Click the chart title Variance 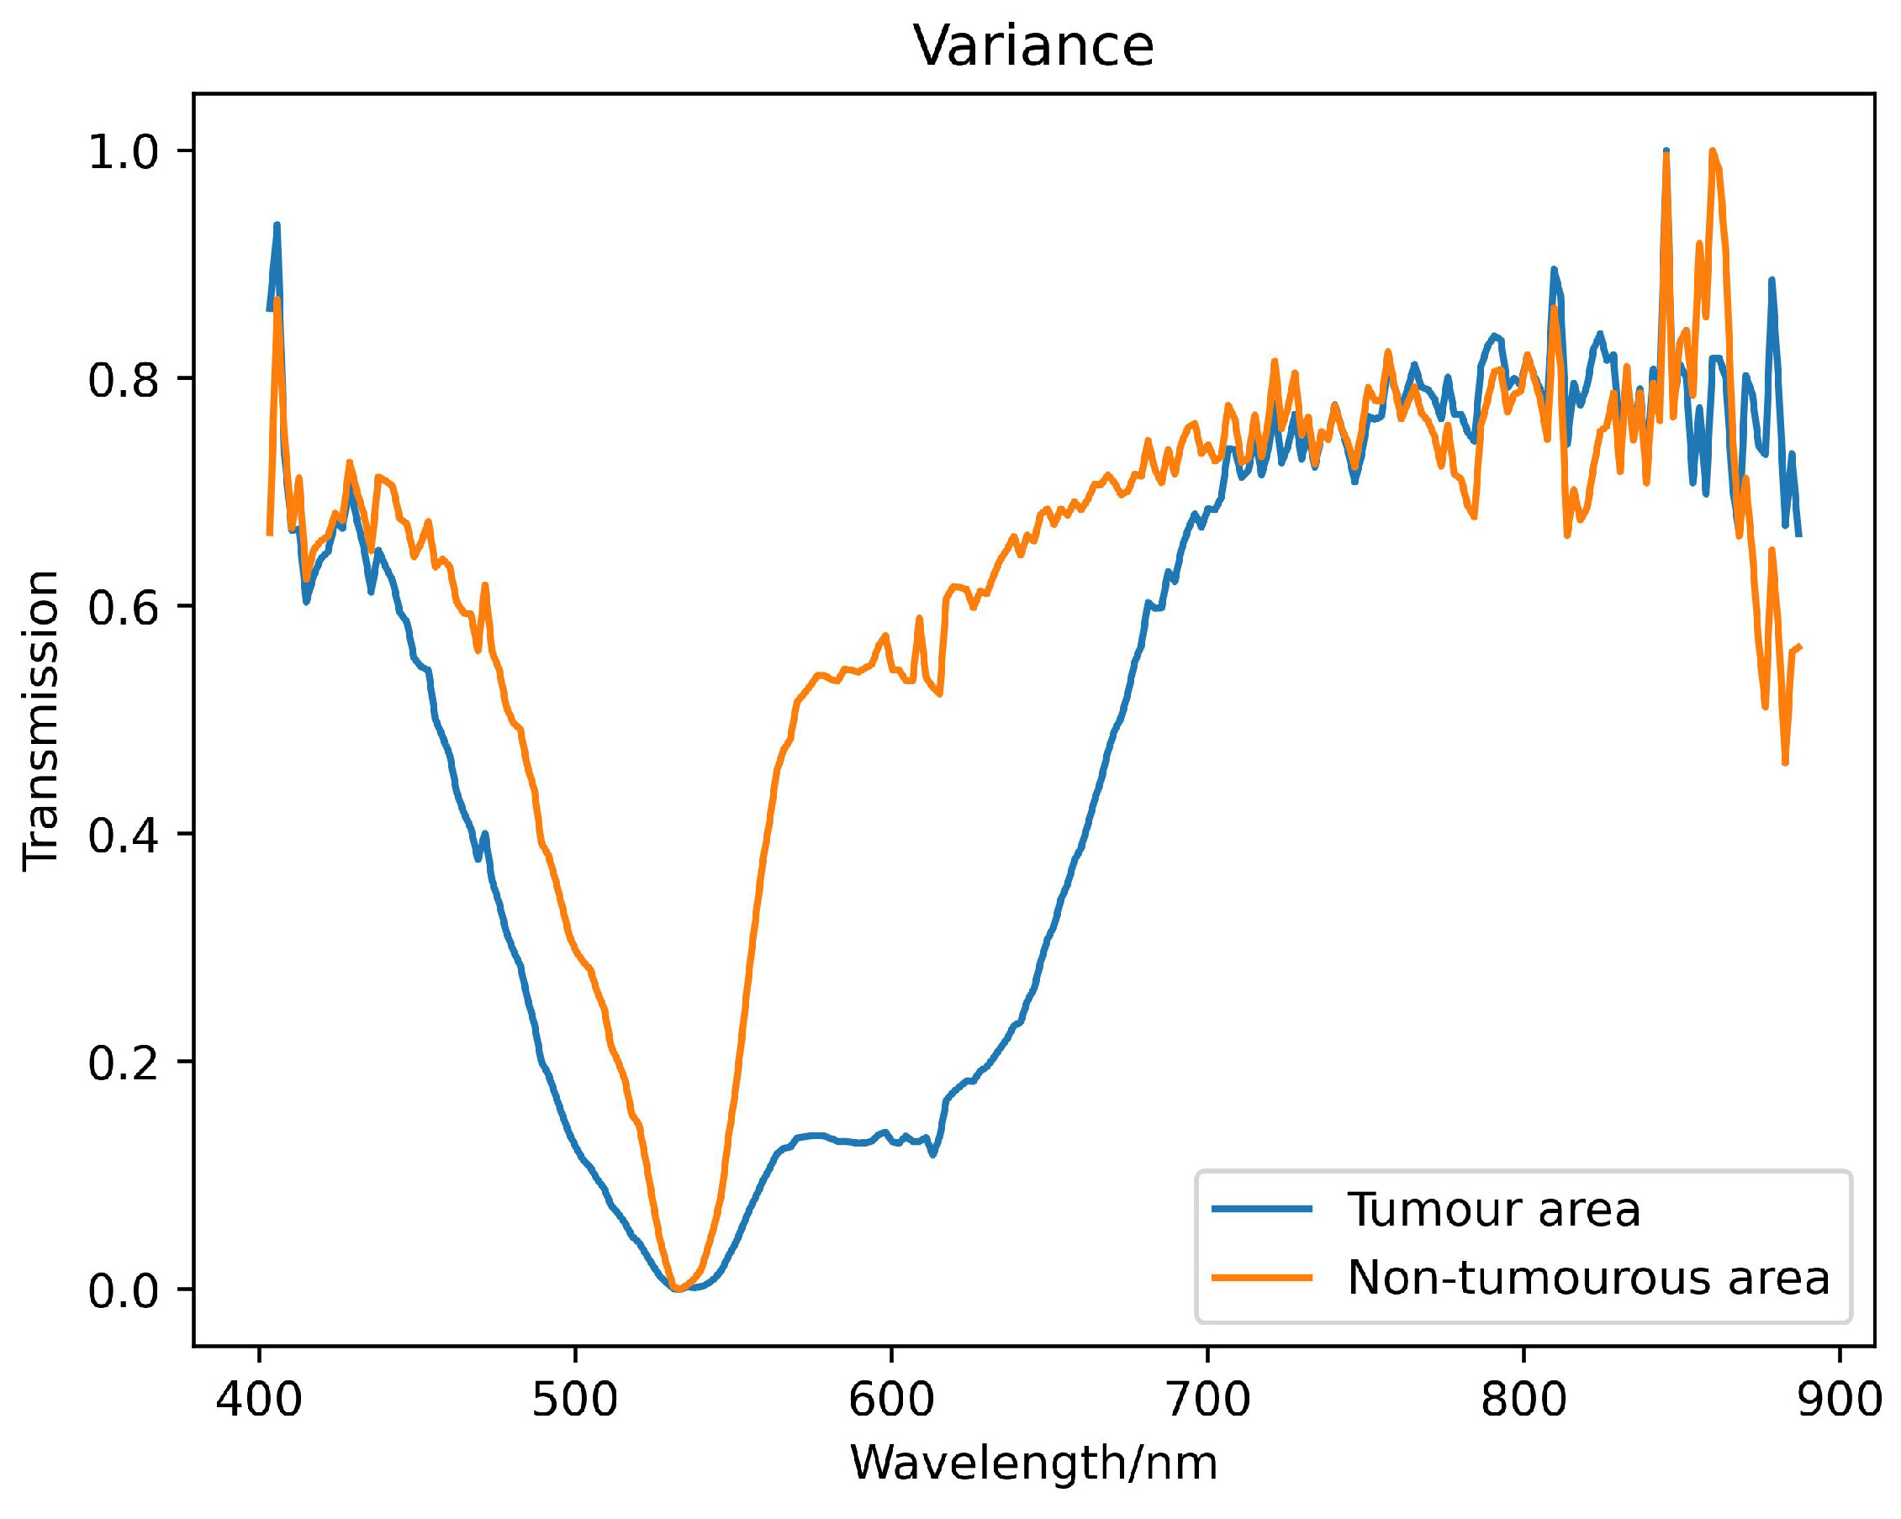click(x=1032, y=46)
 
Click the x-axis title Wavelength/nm click(x=1032, y=1464)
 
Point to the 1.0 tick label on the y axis click(x=123, y=151)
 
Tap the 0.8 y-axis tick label click(x=123, y=379)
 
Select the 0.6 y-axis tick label click(x=123, y=607)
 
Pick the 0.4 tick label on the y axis click(x=123, y=834)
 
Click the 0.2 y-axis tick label click(x=123, y=1063)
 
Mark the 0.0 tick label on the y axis click(x=123, y=1290)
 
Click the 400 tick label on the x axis click(x=259, y=1399)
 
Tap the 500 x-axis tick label click(x=575, y=1399)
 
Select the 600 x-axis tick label click(x=890, y=1399)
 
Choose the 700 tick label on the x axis click(x=1207, y=1399)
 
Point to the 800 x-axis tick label click(x=1523, y=1399)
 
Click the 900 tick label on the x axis click(x=1840, y=1399)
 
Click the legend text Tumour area click(x=1492, y=1210)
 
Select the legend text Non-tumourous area click(x=1588, y=1278)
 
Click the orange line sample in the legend click(x=1262, y=1278)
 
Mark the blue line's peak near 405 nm click(x=277, y=224)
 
